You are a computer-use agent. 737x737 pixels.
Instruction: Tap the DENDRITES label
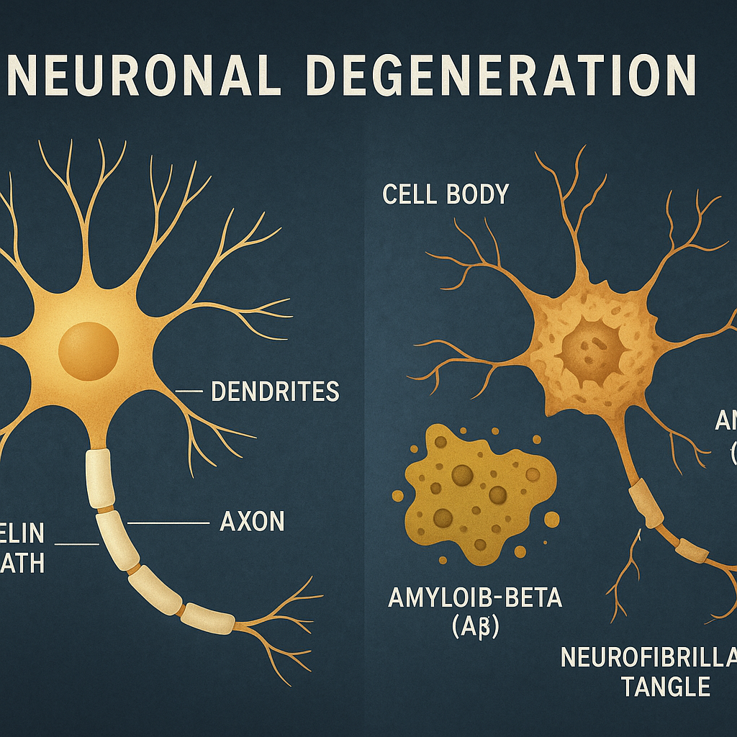coord(274,392)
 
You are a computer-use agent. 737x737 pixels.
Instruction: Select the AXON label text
coord(251,522)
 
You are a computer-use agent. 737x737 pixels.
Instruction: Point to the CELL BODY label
coord(446,194)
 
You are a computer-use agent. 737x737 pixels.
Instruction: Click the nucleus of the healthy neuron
coord(88,350)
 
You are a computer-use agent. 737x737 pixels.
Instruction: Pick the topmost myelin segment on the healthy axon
coord(100,478)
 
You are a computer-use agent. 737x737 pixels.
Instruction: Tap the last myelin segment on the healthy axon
coord(207,617)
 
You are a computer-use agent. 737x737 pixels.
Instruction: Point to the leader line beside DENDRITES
coord(189,392)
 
